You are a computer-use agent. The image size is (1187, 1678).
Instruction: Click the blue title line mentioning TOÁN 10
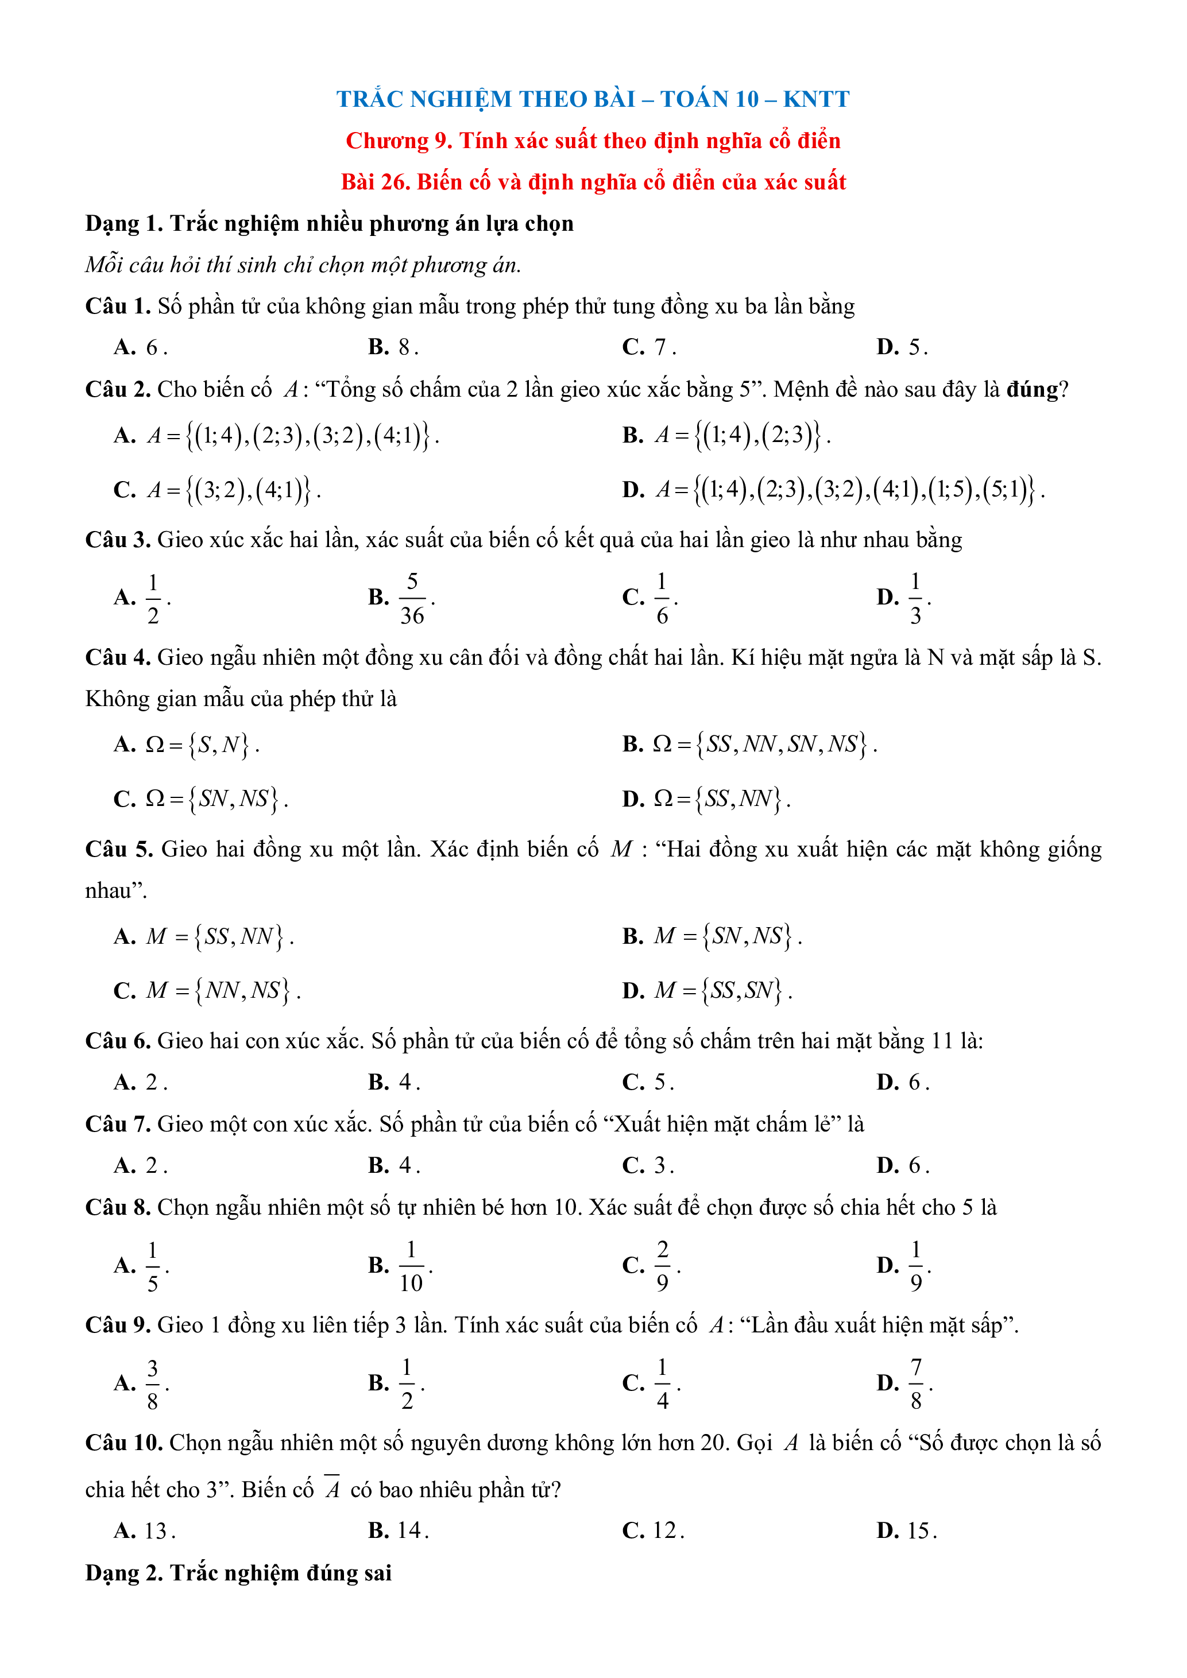(593, 99)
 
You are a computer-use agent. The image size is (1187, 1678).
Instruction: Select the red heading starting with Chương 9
(593, 140)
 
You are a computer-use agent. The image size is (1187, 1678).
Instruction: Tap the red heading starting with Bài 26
(593, 182)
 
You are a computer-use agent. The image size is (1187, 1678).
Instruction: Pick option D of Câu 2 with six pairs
(833, 489)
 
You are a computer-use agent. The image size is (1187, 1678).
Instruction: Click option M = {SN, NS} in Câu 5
(727, 936)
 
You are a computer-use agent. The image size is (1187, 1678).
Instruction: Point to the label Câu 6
(118, 1041)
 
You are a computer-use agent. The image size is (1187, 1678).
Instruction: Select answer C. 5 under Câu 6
(648, 1082)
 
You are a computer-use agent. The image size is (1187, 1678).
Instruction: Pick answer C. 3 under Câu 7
(648, 1166)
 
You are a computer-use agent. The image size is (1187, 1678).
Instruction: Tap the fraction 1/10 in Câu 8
(411, 1266)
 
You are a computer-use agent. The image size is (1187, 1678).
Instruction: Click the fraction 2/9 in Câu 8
(662, 1266)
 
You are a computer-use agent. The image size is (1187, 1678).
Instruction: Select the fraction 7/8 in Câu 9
(915, 1384)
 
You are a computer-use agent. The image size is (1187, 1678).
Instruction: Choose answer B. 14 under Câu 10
(399, 1531)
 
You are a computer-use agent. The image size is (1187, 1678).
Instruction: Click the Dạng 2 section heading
(238, 1573)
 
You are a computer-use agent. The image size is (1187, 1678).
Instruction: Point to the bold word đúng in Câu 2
(1032, 390)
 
